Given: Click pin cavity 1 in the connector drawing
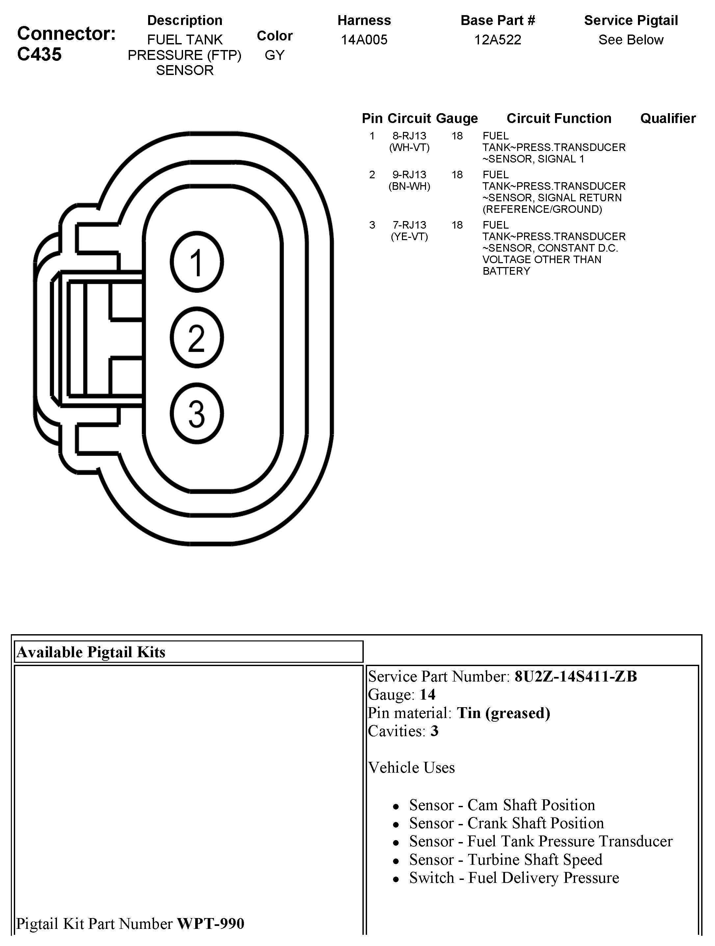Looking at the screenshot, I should (197, 262).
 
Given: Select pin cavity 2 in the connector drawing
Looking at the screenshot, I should (197, 338).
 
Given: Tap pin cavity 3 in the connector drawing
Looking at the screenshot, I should (197, 413).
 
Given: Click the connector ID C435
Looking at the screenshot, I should (40, 54).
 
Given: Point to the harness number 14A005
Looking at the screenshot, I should (364, 40).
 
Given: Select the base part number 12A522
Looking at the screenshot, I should (498, 40).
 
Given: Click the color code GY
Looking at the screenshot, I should (274, 55).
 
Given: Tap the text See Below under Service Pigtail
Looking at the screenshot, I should (631, 40).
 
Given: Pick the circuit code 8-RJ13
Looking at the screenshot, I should (410, 136).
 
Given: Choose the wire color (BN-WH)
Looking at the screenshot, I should (410, 187).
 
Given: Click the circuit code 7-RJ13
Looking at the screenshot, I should (410, 225).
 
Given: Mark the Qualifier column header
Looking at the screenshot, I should (668, 118).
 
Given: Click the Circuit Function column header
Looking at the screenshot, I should (559, 118).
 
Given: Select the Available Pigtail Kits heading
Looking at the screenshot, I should (91, 652).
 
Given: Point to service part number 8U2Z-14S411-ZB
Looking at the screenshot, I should (575, 677).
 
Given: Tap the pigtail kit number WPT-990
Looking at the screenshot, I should (211, 924).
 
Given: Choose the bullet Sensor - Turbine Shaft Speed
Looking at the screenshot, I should (506, 859).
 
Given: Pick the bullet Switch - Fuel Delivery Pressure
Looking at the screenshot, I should (514, 878).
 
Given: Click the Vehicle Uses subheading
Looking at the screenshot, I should (411, 768).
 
